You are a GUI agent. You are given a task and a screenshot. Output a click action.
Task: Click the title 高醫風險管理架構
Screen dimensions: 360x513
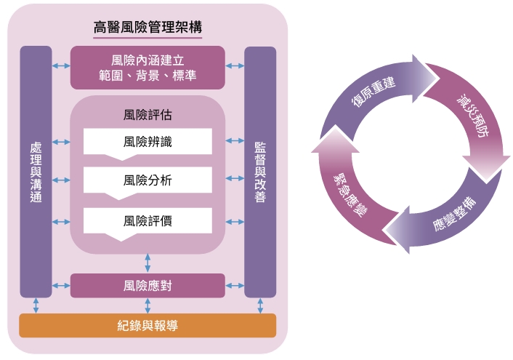148,28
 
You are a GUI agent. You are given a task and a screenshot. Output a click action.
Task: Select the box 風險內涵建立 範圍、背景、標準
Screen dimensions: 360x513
148,67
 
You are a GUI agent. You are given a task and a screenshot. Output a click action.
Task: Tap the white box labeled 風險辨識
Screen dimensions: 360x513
148,141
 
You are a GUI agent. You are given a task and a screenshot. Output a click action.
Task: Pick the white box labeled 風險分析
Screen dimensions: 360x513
148,180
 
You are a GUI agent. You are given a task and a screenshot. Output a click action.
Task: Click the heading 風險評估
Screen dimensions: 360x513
148,115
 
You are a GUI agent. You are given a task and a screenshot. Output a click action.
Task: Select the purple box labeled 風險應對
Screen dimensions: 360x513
148,285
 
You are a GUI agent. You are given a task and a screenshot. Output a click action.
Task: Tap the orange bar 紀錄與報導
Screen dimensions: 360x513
148,325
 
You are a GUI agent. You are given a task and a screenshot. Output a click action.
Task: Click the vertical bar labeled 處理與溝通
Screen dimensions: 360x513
36,172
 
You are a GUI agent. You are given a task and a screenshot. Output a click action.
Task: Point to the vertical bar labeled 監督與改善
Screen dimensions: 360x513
259,172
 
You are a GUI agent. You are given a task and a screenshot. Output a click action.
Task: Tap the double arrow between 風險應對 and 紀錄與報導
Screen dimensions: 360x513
148,305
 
